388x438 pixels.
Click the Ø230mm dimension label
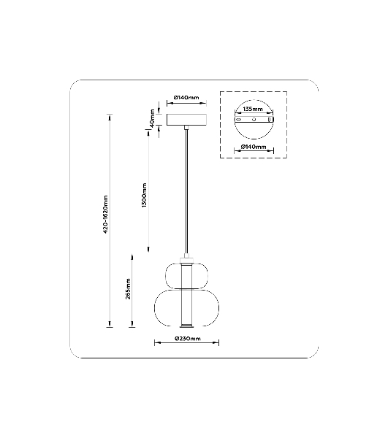coord(188,339)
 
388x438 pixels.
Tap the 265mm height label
coord(128,289)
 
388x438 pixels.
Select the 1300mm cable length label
coord(144,195)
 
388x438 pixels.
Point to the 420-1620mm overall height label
coord(106,215)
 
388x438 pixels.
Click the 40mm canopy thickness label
coord(153,118)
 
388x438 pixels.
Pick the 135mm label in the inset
coord(253,109)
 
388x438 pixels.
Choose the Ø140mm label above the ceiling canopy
coord(186,98)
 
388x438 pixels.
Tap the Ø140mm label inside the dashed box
coord(254,147)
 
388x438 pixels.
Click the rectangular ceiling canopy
coord(187,120)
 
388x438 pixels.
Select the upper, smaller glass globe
coord(166,275)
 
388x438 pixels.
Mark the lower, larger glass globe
coord(155,308)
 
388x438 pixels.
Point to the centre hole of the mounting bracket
coord(254,120)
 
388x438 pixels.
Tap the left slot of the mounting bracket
coord(238,120)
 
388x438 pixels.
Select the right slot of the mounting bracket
coord(270,120)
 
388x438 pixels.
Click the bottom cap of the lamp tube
coord(186,326)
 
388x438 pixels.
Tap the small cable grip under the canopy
coord(186,128)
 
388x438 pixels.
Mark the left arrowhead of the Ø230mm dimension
coord(156,342)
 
